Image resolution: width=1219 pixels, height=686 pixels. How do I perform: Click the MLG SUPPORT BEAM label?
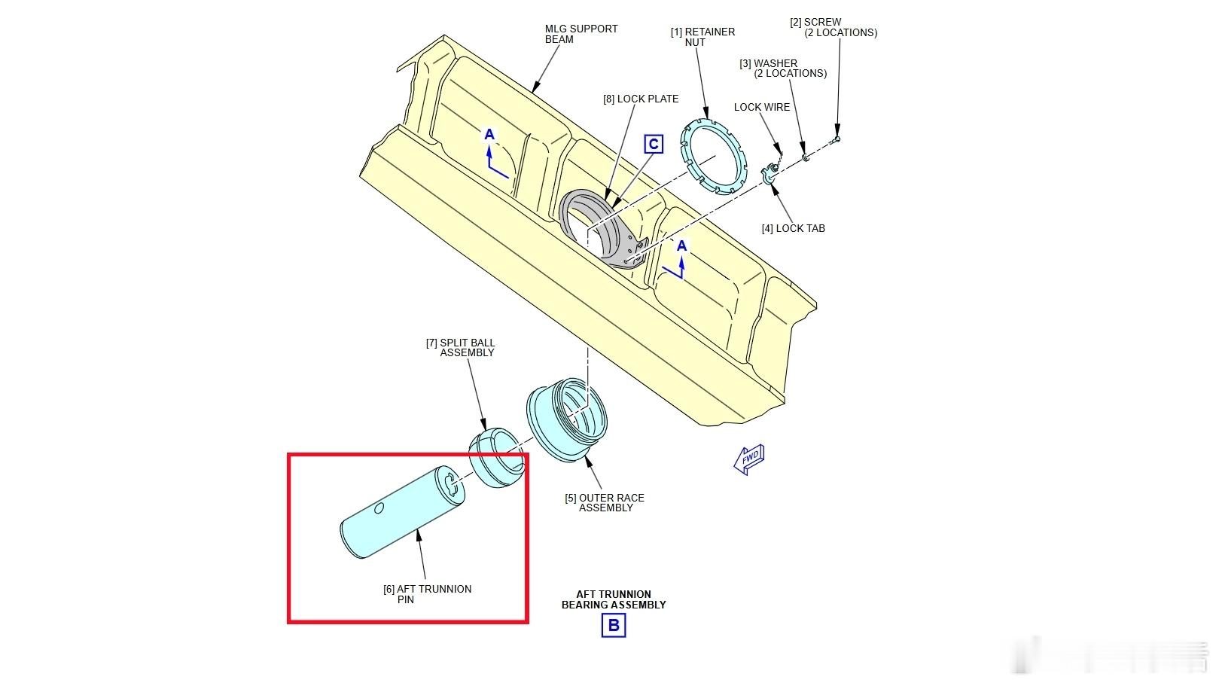(581, 34)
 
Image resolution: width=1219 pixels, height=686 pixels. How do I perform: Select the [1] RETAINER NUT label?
(702, 37)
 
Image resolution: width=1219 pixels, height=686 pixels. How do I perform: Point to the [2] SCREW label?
(833, 27)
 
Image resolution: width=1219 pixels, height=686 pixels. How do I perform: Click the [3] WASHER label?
(782, 69)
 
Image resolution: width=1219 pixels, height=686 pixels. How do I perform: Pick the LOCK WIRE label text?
(761, 107)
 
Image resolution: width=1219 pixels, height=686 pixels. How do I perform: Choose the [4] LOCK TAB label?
(793, 228)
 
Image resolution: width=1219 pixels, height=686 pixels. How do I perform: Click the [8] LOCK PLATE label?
(640, 99)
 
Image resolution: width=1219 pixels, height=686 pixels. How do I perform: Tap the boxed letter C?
(654, 144)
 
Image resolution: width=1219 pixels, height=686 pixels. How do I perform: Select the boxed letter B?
(614, 625)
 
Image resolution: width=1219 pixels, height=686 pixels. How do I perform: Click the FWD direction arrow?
(749, 459)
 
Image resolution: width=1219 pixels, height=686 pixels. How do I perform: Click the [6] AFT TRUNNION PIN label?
(427, 594)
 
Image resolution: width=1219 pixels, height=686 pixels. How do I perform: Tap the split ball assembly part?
(496, 459)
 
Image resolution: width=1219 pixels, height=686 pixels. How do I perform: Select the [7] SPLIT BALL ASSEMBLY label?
(460, 348)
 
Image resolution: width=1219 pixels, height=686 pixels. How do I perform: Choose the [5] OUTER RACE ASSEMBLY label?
(605, 502)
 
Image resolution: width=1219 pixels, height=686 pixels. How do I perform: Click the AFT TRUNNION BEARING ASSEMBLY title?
(613, 599)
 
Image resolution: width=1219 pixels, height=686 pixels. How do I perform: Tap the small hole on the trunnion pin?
(379, 508)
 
